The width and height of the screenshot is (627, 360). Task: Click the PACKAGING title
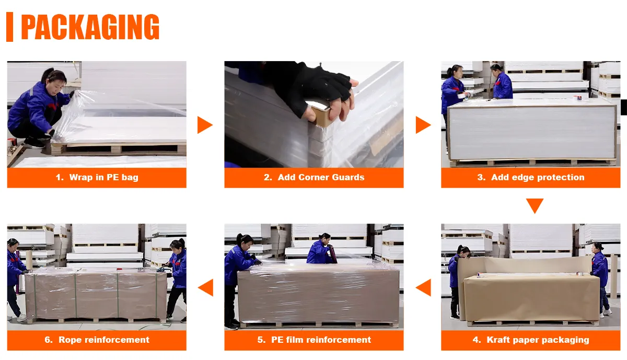[90, 27]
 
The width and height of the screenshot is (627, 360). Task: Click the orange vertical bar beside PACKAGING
[9, 27]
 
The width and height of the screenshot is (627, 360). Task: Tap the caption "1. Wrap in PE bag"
[97, 178]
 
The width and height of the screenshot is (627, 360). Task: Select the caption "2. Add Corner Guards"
[314, 177]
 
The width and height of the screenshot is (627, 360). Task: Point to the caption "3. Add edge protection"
[531, 177]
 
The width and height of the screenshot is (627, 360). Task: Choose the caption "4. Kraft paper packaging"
[531, 340]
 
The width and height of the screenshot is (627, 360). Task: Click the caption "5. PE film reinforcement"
[314, 340]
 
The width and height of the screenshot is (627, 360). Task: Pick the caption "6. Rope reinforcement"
[97, 340]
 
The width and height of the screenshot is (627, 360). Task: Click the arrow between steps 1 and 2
[205, 125]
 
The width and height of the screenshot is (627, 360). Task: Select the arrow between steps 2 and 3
[423, 125]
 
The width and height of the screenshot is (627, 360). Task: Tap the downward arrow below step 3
[535, 206]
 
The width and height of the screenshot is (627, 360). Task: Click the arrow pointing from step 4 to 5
[424, 287]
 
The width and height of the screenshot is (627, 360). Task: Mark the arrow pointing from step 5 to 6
[206, 287]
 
